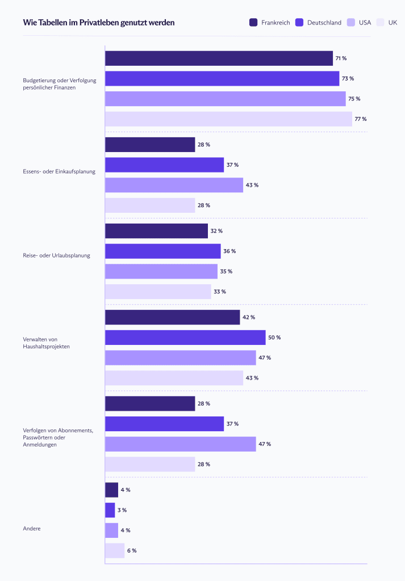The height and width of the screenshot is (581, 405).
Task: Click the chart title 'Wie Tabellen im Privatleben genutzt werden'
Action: pos(99,23)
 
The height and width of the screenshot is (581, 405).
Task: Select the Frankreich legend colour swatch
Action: pos(253,23)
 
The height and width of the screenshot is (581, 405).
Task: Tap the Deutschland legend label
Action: pos(324,23)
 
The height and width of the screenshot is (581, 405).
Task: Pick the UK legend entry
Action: pos(393,23)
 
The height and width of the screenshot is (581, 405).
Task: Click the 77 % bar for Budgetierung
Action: pos(228,119)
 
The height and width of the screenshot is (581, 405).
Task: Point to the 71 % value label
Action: pos(341,58)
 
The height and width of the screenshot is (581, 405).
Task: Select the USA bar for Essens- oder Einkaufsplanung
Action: pos(174,185)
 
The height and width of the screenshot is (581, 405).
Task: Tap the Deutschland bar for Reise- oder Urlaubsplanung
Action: pos(163,251)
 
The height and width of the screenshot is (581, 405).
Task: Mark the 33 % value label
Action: pos(220,292)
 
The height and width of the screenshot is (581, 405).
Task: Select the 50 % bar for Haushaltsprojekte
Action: pos(185,337)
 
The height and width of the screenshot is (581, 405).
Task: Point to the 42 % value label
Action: pos(249,317)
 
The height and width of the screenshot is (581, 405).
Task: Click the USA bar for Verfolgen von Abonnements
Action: pos(181,444)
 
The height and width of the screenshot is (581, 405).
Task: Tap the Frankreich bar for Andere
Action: pos(112,490)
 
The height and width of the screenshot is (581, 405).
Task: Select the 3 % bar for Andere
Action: pos(110,510)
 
